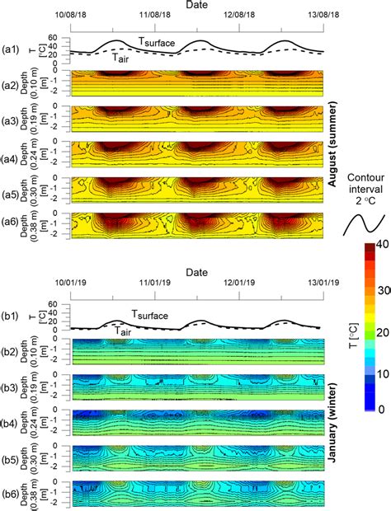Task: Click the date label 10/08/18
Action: tap(72, 15)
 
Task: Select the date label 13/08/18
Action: tap(323, 15)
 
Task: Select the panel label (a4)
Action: tap(11, 154)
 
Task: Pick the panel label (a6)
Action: tap(11, 225)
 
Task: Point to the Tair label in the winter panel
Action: tap(124, 331)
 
